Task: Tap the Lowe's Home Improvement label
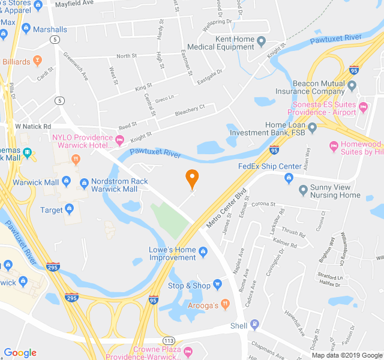coord(173,254)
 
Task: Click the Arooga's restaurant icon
coord(225,304)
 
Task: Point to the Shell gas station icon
coord(256,326)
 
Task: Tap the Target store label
coord(52,210)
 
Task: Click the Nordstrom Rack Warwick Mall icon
coord(84,182)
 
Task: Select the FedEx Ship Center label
coord(269,166)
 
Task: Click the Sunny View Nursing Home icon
coord(304,190)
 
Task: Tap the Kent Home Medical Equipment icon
coord(262,41)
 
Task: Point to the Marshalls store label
coord(50,29)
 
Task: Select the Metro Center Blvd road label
coord(227,209)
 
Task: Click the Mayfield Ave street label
coord(91,3)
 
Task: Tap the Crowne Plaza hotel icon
coord(188,350)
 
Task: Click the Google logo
coord(20,353)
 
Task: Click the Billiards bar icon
coord(37,61)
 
